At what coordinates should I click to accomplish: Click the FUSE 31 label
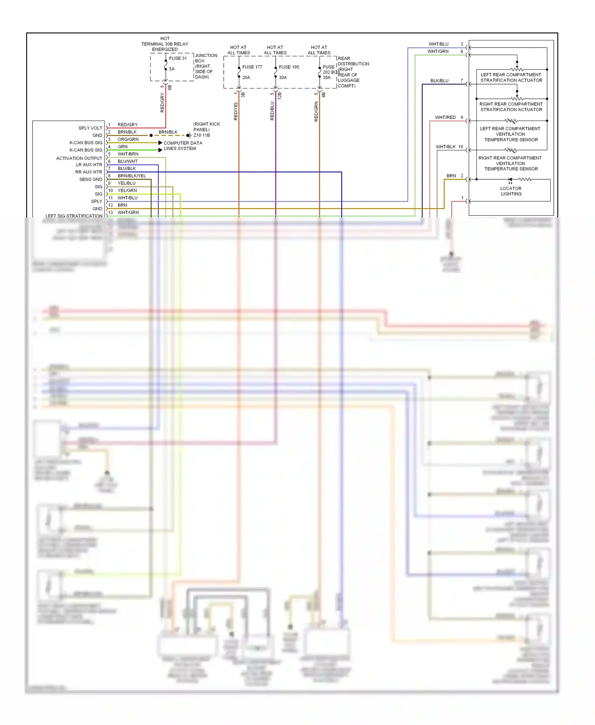[178, 58]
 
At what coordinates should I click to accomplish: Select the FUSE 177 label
[252, 67]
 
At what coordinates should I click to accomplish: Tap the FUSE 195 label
[289, 67]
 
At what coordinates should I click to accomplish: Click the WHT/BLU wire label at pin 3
[438, 44]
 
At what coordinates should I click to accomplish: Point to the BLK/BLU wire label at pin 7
[439, 81]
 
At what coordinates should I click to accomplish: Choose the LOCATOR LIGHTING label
[511, 191]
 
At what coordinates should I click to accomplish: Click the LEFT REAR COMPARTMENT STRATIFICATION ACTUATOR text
[511, 77]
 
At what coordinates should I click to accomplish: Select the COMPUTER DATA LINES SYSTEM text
[182, 146]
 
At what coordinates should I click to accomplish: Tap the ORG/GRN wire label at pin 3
[128, 139]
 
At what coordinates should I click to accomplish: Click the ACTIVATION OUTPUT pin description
[79, 158]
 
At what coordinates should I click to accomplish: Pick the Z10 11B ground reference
[202, 135]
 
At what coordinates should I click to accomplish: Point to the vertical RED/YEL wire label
[236, 111]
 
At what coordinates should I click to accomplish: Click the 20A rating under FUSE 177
[246, 77]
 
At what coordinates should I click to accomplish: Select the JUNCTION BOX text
[206, 58]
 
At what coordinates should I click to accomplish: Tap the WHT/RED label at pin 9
[445, 117]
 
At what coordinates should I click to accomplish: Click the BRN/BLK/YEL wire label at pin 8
[132, 176]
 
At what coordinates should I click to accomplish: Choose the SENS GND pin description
[90, 179]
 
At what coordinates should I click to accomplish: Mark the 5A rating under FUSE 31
[172, 69]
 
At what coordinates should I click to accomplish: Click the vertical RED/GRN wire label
[316, 111]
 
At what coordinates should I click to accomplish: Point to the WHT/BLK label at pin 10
[445, 147]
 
